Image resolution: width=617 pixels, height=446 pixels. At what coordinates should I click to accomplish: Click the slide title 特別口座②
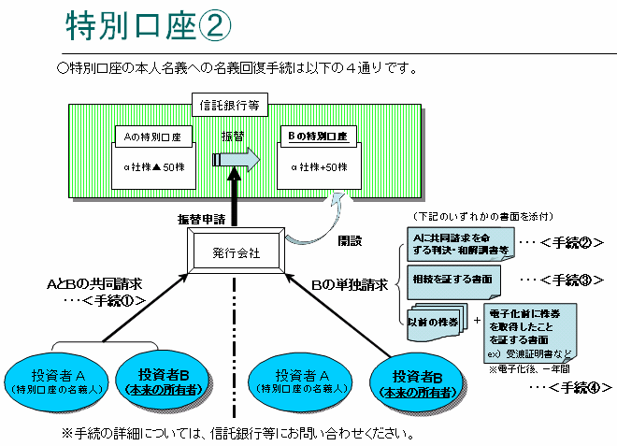(148, 28)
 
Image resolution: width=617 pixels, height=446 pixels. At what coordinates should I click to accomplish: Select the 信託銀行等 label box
(230, 105)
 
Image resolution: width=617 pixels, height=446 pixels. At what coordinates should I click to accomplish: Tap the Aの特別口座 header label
(154, 137)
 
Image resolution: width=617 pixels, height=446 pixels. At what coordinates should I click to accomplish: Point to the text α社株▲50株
(154, 167)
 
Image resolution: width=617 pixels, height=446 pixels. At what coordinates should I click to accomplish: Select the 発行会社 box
(236, 252)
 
